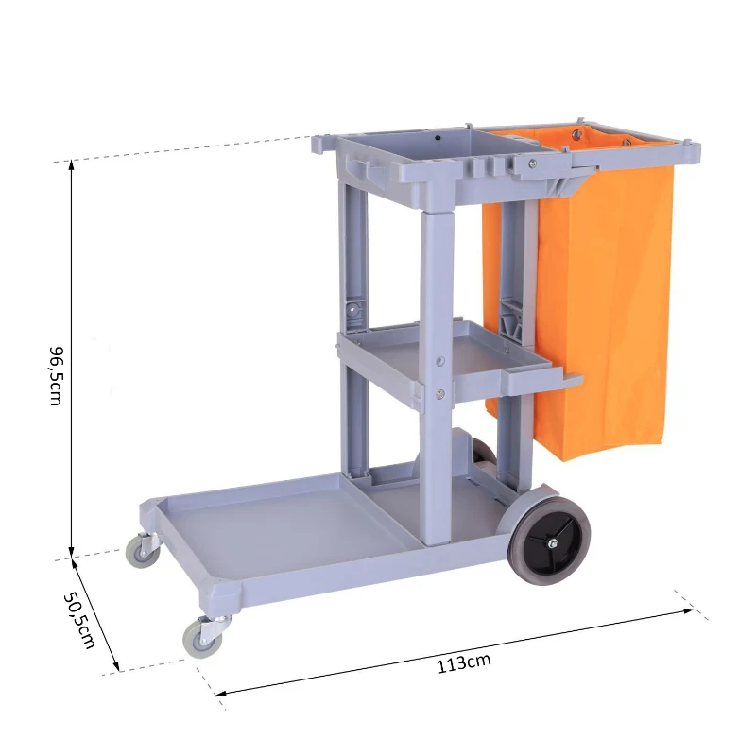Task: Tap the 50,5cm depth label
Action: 79,620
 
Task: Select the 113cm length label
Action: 463,662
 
